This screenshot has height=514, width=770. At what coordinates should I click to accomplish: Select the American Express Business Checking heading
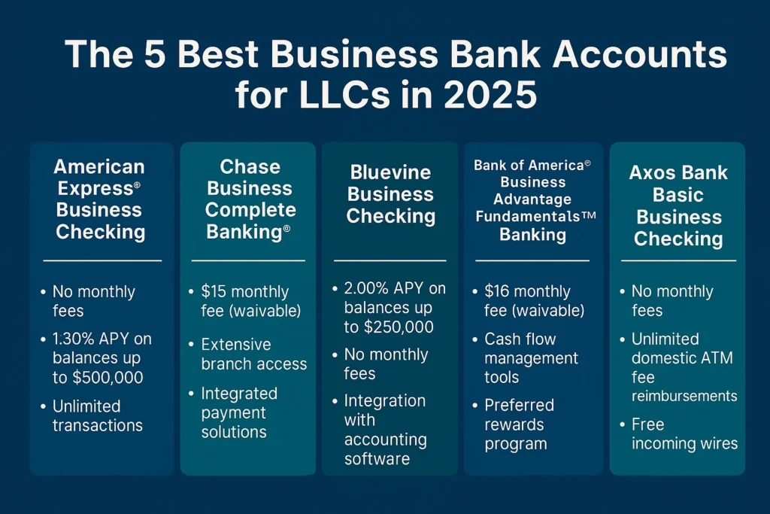99,199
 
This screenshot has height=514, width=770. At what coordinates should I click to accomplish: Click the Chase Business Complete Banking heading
250,199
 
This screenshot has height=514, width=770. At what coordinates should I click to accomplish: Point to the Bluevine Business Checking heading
391,194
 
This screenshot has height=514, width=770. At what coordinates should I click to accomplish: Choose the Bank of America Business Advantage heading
533,199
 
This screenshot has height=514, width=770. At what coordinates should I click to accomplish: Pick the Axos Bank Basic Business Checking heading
678,205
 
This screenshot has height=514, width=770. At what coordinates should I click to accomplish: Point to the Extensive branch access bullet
253,354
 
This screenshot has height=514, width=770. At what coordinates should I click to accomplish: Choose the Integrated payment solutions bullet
239,412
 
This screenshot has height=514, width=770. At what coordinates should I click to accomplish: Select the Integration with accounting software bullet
385,429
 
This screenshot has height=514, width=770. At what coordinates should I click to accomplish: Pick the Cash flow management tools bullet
531,357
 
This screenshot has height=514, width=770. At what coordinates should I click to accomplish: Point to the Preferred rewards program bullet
519,424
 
